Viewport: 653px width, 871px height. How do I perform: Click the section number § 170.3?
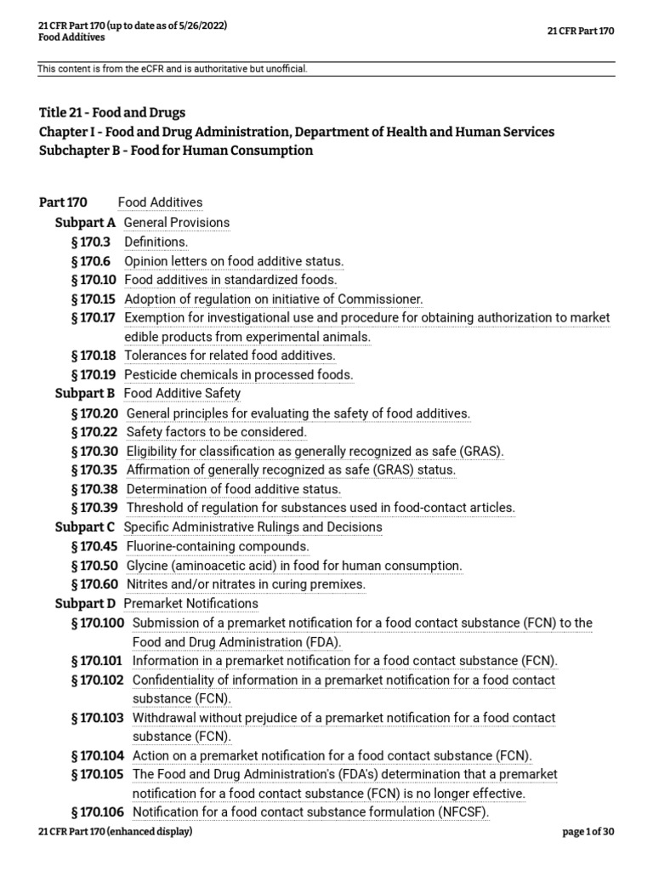coord(93,242)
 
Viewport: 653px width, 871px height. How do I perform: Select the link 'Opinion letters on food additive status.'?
coord(234,261)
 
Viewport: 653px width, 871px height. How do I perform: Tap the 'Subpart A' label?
coord(85,223)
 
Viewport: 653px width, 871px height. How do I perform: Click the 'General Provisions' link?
coord(176,223)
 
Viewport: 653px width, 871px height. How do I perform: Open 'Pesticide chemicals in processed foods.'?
coord(238,374)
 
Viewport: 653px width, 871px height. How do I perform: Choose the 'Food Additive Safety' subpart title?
coord(182,394)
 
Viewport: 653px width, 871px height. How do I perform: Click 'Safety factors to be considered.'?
coord(216,432)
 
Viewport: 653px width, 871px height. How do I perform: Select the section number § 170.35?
coord(96,470)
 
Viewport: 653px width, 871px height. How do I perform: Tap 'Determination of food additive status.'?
coord(234,489)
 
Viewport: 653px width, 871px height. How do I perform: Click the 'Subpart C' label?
coord(85,527)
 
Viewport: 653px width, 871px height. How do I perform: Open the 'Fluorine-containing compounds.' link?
coord(218,546)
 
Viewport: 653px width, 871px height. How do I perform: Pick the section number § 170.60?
coord(96,584)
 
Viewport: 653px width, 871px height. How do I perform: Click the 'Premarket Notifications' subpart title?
coord(190,603)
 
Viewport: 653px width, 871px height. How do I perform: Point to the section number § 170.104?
coord(99,755)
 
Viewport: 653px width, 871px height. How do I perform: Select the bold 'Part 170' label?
coord(63,202)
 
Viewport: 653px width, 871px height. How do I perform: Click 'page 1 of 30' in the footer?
coord(588,831)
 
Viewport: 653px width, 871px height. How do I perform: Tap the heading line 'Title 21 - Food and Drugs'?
coord(112,112)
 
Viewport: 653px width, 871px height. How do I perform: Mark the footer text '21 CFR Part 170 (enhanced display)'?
coord(116,831)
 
